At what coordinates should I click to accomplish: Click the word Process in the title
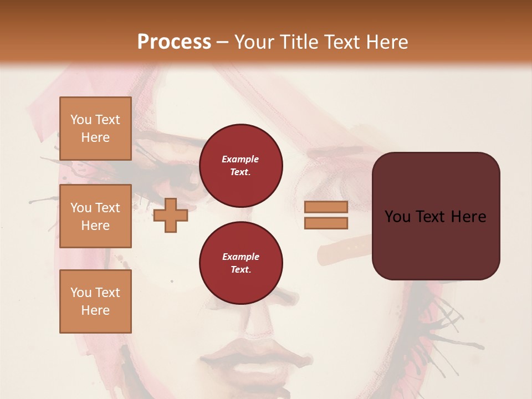pyautogui.click(x=174, y=42)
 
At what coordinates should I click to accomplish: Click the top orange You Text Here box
pyautogui.click(x=95, y=129)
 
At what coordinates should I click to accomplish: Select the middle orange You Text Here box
pyautogui.click(x=95, y=216)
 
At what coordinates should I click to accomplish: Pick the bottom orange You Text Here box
pyautogui.click(x=95, y=301)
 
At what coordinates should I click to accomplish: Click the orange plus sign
pyautogui.click(x=171, y=215)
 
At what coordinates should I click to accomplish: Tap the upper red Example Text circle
pyautogui.click(x=241, y=166)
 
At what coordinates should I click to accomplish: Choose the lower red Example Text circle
pyautogui.click(x=241, y=263)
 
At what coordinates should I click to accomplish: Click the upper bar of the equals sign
pyautogui.click(x=326, y=207)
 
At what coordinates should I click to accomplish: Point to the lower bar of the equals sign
pyautogui.click(x=326, y=223)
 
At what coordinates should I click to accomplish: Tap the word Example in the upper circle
pyautogui.click(x=241, y=160)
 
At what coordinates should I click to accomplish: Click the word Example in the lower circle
pyautogui.click(x=241, y=257)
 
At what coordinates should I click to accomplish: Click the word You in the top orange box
pyautogui.click(x=81, y=120)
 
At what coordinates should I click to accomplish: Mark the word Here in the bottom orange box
pyautogui.click(x=95, y=310)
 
